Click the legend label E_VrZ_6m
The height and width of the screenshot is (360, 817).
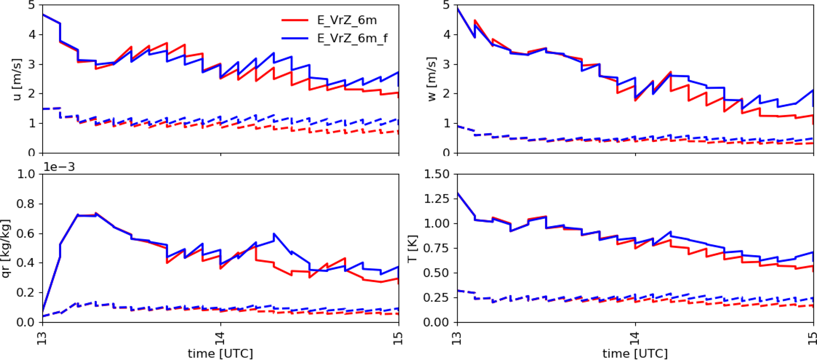347,20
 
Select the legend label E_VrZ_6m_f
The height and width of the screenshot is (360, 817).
352,38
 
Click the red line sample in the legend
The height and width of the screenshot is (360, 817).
295,20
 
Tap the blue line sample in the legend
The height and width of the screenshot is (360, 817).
295,38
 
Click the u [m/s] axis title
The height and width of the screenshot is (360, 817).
17,79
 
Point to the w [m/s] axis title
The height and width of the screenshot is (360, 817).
432,79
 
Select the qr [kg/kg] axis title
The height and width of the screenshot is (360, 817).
6,248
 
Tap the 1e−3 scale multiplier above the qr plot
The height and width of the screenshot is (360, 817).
59,167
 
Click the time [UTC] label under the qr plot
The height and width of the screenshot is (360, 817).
220,353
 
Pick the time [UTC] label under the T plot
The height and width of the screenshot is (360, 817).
635,353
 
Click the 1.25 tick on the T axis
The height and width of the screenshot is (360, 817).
436,199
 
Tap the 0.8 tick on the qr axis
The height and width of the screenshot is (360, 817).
26,204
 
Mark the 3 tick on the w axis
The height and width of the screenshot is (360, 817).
446,64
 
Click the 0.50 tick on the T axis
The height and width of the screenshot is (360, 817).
436,273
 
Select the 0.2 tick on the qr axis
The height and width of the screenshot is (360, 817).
26,293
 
